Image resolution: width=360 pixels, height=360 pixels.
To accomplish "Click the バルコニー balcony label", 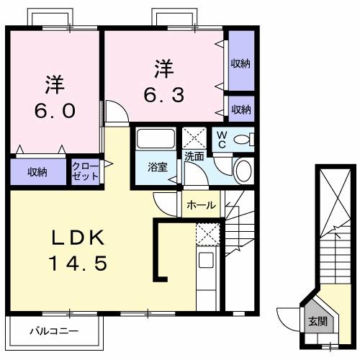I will (54, 332).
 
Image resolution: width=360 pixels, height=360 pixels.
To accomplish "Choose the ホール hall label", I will (201, 205).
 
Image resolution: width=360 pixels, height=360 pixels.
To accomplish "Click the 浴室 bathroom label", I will (156, 168).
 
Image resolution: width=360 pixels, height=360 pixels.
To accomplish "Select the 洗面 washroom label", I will (193, 156).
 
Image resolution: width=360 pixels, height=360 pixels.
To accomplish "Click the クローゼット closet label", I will (86, 171).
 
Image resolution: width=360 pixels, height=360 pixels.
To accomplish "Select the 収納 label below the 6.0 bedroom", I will (37, 171).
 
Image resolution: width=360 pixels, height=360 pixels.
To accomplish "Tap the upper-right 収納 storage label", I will (240, 63).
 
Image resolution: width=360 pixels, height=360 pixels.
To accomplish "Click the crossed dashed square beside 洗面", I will (193, 137).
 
